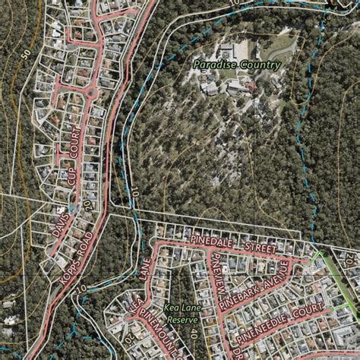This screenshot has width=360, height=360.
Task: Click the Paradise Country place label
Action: point(237,65)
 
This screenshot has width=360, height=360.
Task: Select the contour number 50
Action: point(26,54)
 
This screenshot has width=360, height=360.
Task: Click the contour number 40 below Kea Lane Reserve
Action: point(194,333)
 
